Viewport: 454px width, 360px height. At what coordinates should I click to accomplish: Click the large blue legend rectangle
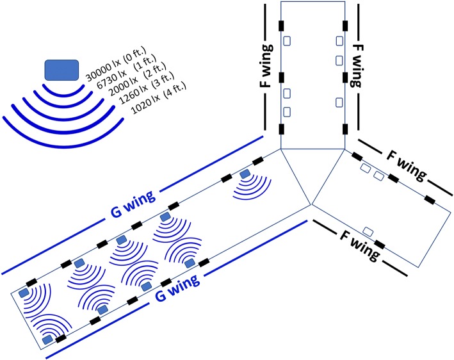[61, 70]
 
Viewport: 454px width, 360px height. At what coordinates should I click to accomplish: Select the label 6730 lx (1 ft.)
[127, 72]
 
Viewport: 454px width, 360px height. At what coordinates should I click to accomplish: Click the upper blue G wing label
[133, 204]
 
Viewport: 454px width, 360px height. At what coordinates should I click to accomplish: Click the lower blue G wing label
[177, 288]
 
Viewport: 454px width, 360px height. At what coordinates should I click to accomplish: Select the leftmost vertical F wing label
[266, 66]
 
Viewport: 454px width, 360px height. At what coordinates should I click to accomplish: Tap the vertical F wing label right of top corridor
[357, 66]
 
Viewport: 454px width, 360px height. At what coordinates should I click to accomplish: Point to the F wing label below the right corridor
[360, 246]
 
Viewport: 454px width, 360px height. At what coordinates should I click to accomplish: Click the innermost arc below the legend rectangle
[63, 92]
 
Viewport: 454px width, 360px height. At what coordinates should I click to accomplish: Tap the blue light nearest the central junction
[245, 174]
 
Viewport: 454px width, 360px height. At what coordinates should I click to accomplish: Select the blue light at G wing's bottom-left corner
[47, 340]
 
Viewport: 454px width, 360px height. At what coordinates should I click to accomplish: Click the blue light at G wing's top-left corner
[24, 293]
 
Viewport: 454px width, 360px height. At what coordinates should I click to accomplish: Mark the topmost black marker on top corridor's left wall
[281, 26]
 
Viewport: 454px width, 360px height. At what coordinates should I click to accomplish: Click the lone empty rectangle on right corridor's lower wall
[368, 231]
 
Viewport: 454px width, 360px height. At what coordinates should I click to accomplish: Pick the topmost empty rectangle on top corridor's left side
[287, 41]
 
